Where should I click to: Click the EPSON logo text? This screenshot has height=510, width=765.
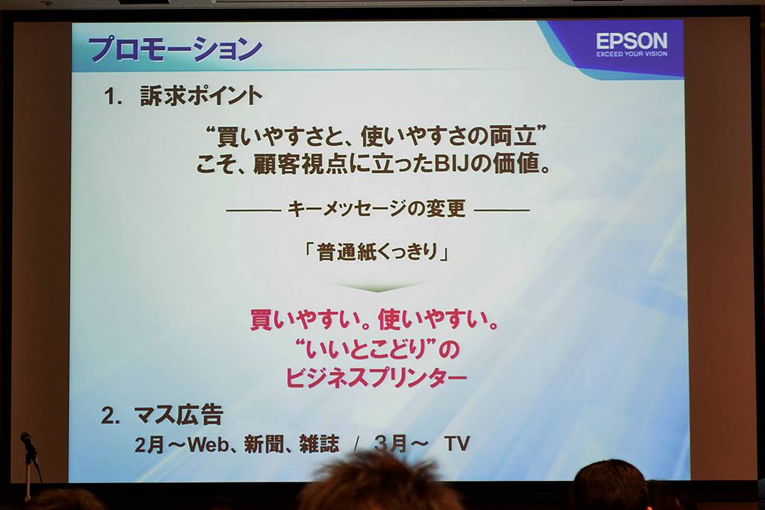coord(631,40)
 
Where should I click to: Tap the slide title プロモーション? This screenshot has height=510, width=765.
coord(175,49)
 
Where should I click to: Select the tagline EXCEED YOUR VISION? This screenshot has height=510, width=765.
coord(631,54)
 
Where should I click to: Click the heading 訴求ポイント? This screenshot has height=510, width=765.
coord(201,96)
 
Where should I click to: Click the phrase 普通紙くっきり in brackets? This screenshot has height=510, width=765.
coord(377,252)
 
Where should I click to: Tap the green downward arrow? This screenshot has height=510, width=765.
coord(377,287)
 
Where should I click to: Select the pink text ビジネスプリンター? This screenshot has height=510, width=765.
coord(377,378)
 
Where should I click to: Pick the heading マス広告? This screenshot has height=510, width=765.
coord(179,415)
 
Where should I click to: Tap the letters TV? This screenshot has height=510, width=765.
coord(456,444)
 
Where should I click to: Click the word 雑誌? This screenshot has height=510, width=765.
coord(319,444)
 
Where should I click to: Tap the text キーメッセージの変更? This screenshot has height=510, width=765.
coord(377,208)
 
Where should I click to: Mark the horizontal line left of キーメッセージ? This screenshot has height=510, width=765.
coord(254,211)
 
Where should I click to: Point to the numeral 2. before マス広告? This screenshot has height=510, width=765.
coord(110,415)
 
